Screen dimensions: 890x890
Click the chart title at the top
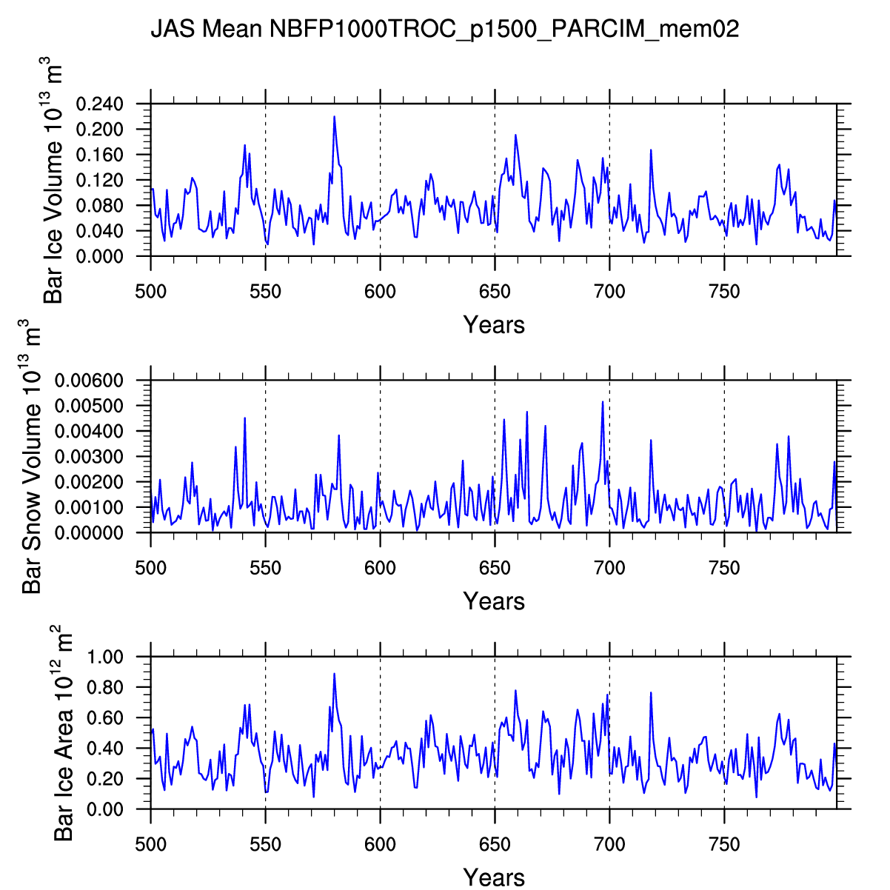coord(445,29)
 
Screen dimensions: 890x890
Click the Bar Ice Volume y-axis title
coord(53,181)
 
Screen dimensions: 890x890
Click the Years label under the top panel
coord(494,324)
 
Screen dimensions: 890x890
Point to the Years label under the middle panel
coord(494,600)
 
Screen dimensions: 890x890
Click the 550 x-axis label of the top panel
coord(265,292)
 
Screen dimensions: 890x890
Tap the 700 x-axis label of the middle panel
coord(609,568)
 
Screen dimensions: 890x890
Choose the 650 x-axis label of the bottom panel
coord(495,845)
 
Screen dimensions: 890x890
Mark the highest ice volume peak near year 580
coord(334,117)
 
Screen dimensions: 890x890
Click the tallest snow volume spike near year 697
coord(603,402)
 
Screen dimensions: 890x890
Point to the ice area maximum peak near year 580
coord(334,674)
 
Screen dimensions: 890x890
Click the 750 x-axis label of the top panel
coord(724,292)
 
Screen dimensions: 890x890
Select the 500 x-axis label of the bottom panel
coord(151,845)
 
